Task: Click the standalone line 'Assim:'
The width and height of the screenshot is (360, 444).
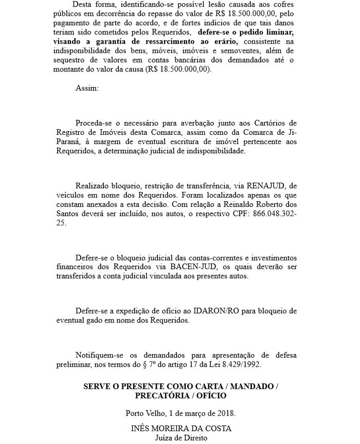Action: coord(86,88)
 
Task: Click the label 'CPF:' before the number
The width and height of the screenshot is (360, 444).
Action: coord(235,213)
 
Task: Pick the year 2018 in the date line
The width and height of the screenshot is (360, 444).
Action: coord(225,413)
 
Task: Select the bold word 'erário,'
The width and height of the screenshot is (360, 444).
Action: coord(226,41)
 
